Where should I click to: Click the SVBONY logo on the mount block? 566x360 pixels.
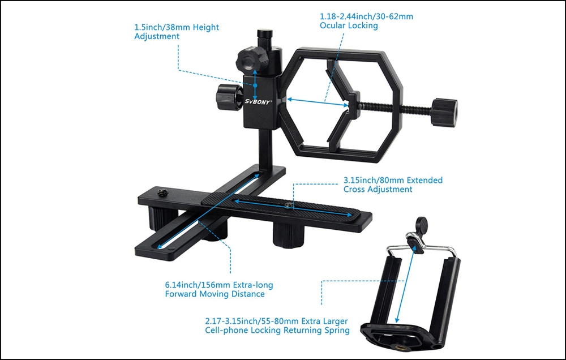click(x=257, y=102)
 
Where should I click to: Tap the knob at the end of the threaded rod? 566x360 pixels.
click(x=444, y=112)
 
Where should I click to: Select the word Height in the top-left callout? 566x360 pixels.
click(x=206, y=27)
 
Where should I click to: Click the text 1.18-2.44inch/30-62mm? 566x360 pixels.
click(x=366, y=16)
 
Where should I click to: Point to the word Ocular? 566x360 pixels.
click(x=332, y=25)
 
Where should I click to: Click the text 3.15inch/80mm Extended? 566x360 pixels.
click(x=393, y=180)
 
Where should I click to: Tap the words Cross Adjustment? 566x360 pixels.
click(x=378, y=189)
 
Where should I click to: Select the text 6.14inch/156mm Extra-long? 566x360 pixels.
click(x=219, y=285)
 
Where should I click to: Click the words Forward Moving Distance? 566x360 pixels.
click(x=215, y=294)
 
